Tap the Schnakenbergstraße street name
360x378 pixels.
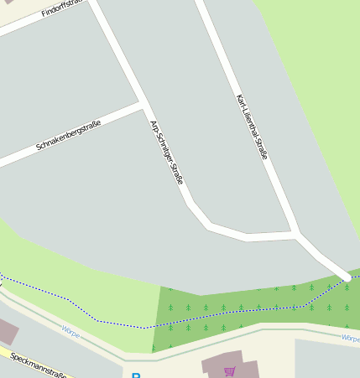[x=69, y=136]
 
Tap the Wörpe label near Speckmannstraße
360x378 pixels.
[x=71, y=331]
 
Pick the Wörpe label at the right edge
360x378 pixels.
[x=350, y=339]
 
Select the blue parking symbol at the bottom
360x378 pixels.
[x=136, y=375]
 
